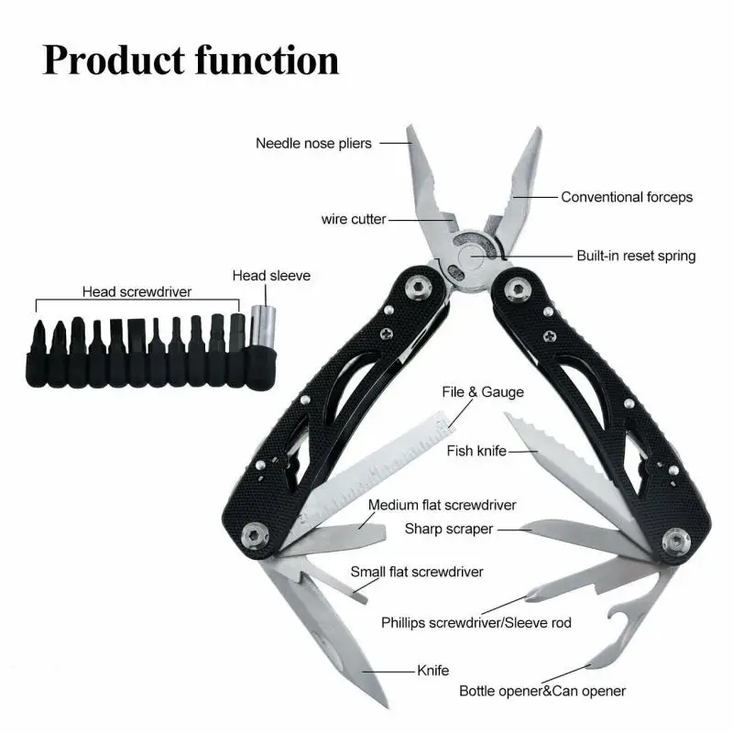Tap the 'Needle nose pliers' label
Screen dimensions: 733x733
[x=313, y=143]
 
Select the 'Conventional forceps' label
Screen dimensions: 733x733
[x=627, y=197]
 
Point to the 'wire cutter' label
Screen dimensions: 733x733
[x=354, y=219]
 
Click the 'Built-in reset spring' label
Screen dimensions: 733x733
[x=636, y=257]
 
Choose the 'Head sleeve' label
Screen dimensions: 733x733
[x=271, y=275]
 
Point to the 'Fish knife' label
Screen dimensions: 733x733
[x=477, y=451]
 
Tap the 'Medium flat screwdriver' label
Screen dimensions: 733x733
[x=443, y=505]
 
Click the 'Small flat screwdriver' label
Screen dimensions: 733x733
[x=417, y=572]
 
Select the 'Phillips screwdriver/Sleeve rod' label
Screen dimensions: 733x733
[x=476, y=623]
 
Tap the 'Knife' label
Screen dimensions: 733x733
[x=433, y=670]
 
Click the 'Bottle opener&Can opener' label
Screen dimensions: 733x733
[x=542, y=691]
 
